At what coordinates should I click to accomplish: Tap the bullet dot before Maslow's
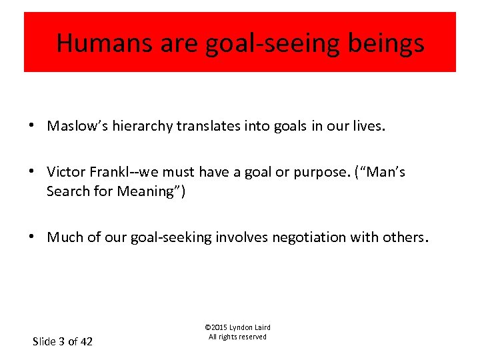pos(33,126)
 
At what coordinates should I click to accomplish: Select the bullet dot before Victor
pos(33,172)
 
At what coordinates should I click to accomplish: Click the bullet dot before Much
pos(33,237)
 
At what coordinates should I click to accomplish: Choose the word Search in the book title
pos(67,191)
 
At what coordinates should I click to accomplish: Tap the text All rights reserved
pos(237,337)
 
